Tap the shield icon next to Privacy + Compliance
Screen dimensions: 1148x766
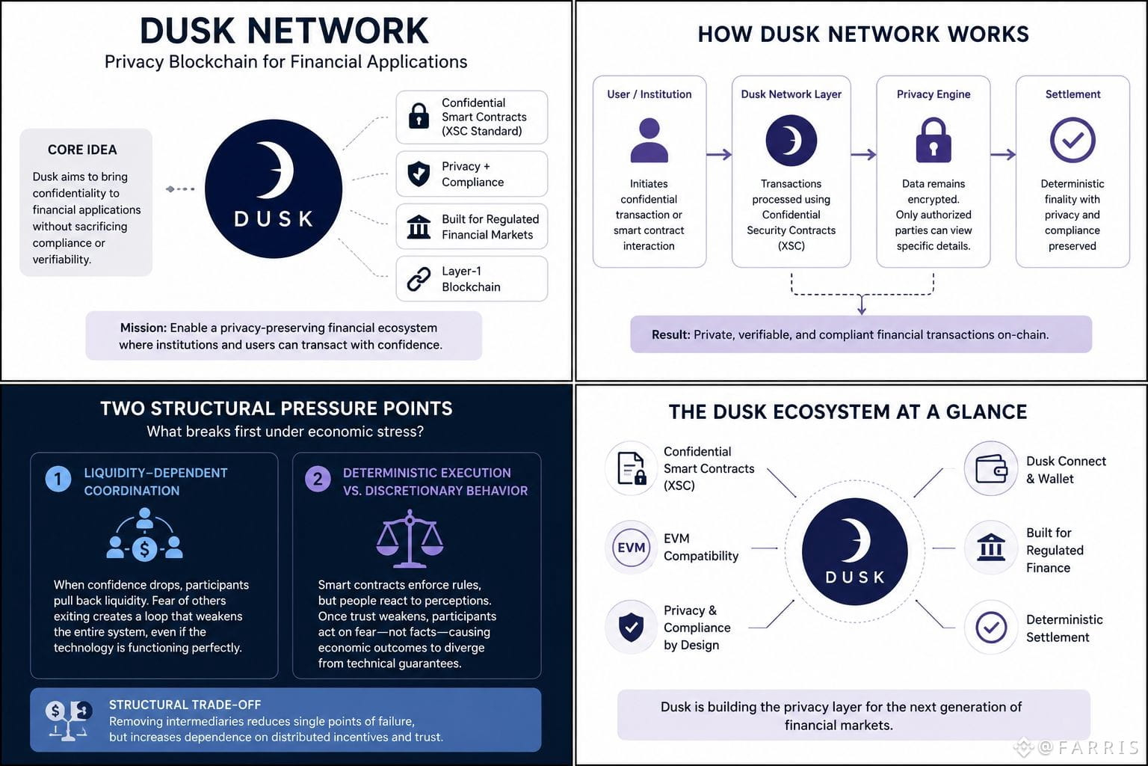[419, 174]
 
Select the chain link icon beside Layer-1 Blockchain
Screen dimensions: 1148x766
[419, 279]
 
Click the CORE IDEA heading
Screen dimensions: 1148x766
[82, 150]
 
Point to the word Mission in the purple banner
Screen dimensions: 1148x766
[143, 328]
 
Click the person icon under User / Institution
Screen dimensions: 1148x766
[649, 140]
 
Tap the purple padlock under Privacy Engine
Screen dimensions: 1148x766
[933, 140]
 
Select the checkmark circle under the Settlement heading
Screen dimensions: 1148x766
[1073, 140]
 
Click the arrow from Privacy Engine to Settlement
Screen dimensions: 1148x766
[1003, 154]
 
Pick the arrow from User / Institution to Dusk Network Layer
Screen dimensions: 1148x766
[719, 154]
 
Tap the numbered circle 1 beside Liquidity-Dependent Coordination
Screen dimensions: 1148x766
[58, 479]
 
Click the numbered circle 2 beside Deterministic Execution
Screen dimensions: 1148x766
[318, 479]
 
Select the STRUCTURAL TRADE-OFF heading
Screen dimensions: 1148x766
[185, 705]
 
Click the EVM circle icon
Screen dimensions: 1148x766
[632, 548]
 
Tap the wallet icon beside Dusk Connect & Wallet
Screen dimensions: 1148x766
[991, 468]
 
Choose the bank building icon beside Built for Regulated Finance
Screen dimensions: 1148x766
[991, 548]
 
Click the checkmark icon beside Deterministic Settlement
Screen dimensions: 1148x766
[991, 627]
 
